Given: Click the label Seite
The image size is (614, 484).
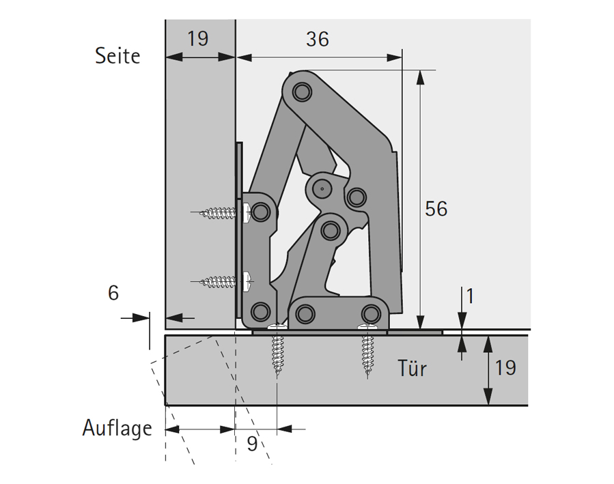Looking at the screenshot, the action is pyautogui.click(x=117, y=56).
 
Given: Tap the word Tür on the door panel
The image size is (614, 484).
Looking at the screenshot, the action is pyautogui.click(x=412, y=368).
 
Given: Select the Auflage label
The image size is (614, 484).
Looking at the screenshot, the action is pyautogui.click(x=117, y=428).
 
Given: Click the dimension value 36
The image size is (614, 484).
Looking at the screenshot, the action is pyautogui.click(x=317, y=39).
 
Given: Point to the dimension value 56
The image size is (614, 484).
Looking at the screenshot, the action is pyautogui.click(x=436, y=208).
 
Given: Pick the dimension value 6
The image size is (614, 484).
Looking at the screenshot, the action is pyautogui.click(x=113, y=293).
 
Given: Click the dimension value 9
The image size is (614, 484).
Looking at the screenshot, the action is pyautogui.click(x=252, y=444).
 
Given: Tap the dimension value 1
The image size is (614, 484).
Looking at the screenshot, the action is pyautogui.click(x=471, y=296).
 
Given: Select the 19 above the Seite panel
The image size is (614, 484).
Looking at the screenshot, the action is pyautogui.click(x=197, y=38).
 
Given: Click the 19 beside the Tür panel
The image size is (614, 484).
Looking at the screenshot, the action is pyautogui.click(x=505, y=368).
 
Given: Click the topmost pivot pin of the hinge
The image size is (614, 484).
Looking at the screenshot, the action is pyautogui.click(x=302, y=93).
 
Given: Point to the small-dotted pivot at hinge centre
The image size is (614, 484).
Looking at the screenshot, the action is pyautogui.click(x=322, y=188).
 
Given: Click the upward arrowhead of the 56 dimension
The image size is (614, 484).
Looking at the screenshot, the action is pyautogui.click(x=421, y=77).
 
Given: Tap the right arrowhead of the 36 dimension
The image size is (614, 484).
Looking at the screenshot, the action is pyautogui.click(x=394, y=58).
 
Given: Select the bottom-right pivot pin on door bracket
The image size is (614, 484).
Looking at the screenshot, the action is pyautogui.click(x=370, y=313).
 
